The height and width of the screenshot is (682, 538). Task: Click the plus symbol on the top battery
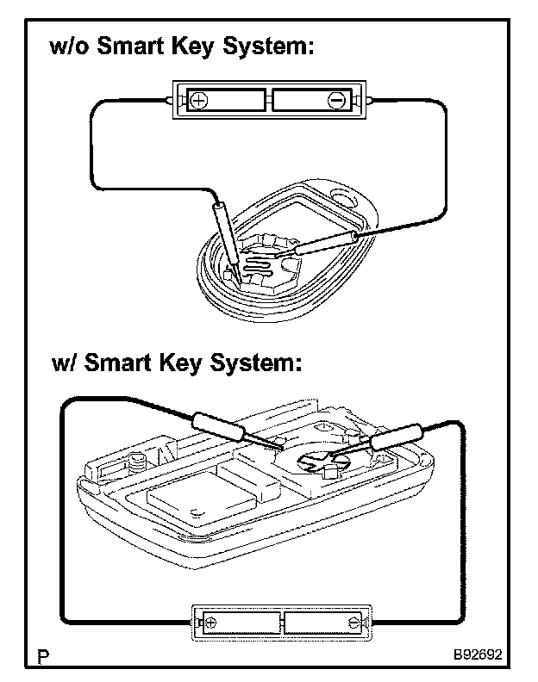197,100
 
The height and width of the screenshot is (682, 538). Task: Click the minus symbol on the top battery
335,100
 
